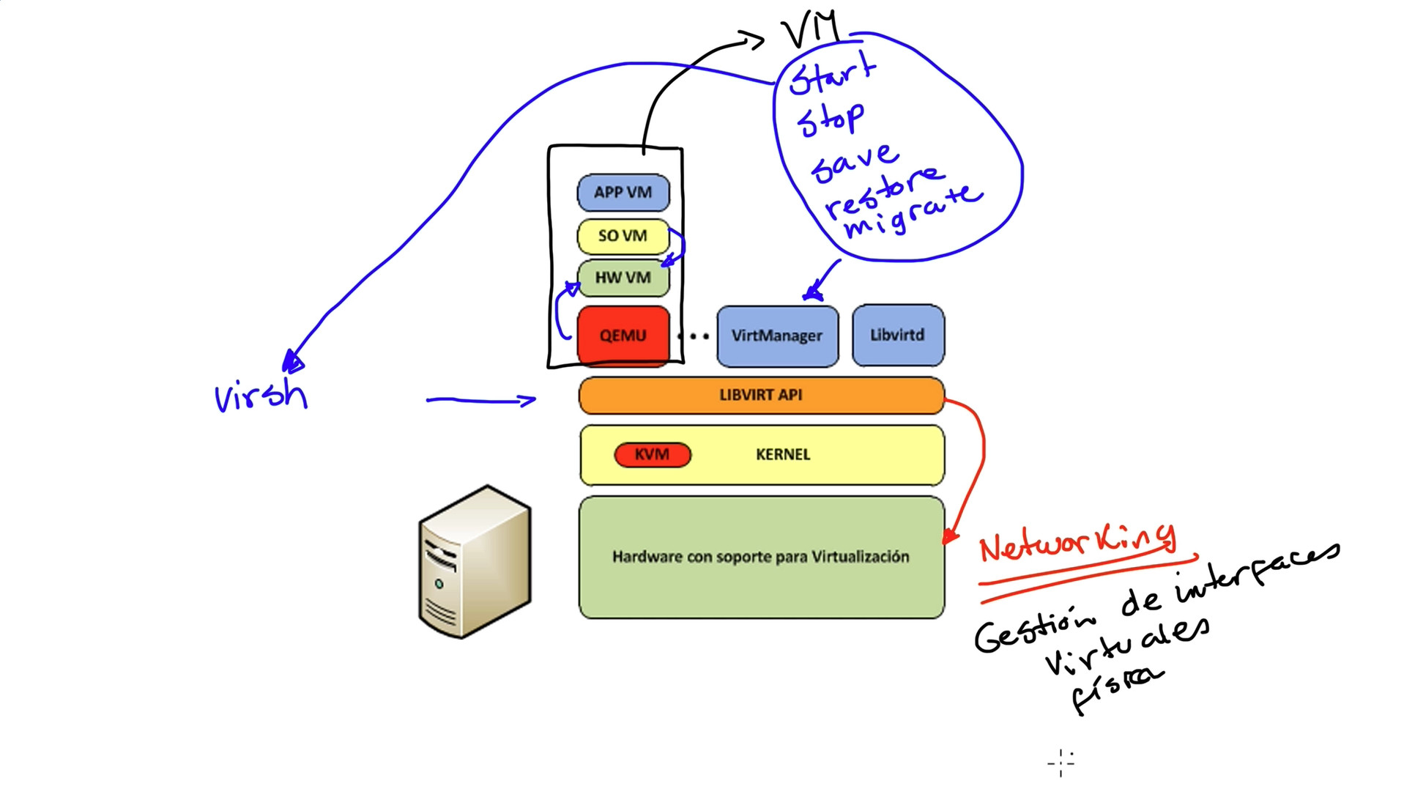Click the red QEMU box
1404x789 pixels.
(623, 336)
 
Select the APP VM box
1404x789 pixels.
(623, 193)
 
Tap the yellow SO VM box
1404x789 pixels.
(623, 236)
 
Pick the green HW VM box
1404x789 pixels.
(623, 278)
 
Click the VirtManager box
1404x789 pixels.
(777, 336)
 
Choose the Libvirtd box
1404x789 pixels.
(897, 336)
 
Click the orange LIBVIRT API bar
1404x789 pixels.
(760, 395)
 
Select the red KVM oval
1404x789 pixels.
(652, 454)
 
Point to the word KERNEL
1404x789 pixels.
(783, 454)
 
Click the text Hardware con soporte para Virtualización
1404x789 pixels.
(760, 557)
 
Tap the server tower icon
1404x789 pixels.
(475, 562)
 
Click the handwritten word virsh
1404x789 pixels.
(261, 396)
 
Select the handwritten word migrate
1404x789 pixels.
(912, 212)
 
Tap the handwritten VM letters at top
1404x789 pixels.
(810, 29)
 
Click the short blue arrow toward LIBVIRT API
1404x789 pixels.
(481, 400)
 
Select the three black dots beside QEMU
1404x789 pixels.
(693, 337)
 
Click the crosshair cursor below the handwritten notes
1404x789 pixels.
(1061, 763)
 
